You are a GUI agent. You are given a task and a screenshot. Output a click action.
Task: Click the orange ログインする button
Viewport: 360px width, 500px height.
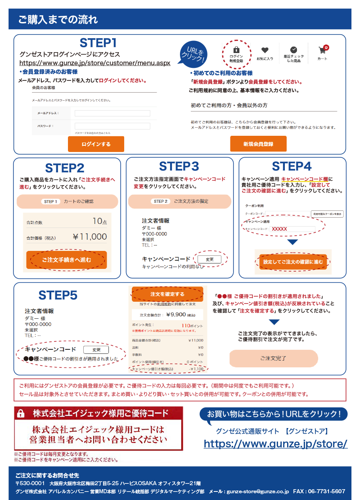[x=96, y=144]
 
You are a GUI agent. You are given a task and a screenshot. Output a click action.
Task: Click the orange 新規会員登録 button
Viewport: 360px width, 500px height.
[x=258, y=144]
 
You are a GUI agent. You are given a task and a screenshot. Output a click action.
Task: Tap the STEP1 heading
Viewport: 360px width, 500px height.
[x=98, y=43]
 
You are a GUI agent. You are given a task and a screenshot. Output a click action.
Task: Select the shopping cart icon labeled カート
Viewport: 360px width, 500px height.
[x=322, y=50]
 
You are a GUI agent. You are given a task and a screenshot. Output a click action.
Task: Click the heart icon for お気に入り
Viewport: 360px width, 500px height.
[x=265, y=50]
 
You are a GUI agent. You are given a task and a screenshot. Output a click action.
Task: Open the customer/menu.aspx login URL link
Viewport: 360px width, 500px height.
[x=95, y=63]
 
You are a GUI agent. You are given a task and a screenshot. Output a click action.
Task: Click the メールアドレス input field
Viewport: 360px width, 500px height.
[x=112, y=113]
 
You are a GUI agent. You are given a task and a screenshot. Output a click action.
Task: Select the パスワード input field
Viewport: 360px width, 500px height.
[x=112, y=126]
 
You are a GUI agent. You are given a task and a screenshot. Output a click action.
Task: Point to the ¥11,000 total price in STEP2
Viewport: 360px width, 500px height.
[x=90, y=237]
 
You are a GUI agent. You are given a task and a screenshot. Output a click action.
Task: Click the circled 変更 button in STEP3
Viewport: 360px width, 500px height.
[x=209, y=259]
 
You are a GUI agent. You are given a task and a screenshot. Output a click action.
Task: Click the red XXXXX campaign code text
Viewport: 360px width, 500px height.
[x=279, y=229]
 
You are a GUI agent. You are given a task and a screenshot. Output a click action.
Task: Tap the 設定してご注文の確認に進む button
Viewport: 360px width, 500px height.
[x=293, y=262]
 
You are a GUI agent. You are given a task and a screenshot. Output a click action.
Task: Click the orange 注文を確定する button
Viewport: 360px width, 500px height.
[x=167, y=294]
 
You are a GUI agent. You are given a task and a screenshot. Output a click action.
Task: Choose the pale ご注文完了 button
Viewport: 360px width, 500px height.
[x=273, y=358]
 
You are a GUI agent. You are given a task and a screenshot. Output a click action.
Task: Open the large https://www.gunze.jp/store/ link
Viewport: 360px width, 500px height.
[x=275, y=444]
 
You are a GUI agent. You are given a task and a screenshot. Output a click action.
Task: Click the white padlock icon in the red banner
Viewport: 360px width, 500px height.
[x=21, y=414]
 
